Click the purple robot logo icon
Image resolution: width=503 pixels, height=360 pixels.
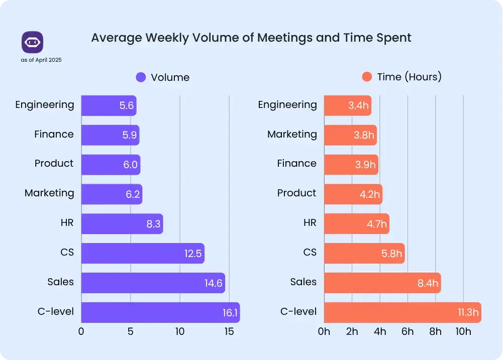[32, 42]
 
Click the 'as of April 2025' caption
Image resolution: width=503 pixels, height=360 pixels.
[41, 60]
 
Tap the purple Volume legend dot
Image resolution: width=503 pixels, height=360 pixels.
[141, 77]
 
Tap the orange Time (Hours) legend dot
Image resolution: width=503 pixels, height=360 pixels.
[367, 77]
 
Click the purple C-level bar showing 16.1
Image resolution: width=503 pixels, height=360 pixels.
[160, 312]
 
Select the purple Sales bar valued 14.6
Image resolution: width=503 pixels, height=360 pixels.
[153, 283]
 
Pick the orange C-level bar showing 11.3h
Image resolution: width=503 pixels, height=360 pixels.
[402, 312]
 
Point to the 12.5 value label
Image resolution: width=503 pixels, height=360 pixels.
[193, 254]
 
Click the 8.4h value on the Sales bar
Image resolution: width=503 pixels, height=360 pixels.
[428, 283]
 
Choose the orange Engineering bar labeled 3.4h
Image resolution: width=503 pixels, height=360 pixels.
[347, 105]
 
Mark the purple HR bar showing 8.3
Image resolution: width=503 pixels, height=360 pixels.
[122, 224]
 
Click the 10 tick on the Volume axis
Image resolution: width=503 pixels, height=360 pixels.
[180, 331]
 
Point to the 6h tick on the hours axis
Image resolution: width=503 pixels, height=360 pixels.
[408, 331]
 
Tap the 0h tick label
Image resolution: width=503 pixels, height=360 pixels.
[324, 331]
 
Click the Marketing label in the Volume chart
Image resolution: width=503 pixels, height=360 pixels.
[49, 193]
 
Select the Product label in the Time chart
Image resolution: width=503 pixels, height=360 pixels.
[296, 193]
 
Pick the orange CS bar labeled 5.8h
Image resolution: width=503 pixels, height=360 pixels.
[364, 254]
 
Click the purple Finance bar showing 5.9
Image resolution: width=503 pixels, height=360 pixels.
[110, 135]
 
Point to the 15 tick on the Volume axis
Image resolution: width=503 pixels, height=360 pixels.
[229, 331]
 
